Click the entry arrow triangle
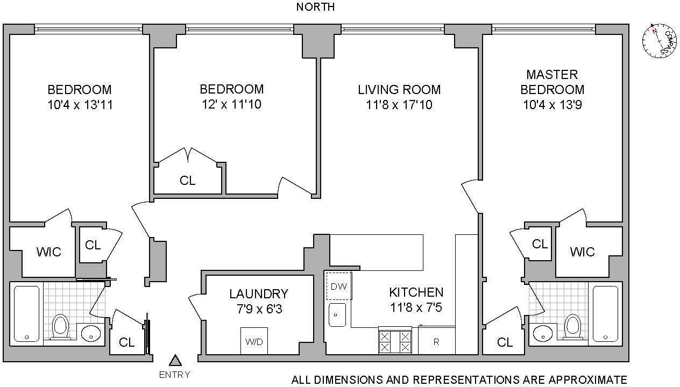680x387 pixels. point(174,361)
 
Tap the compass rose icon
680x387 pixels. point(659,40)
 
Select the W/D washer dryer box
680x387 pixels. point(253,341)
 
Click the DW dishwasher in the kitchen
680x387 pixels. point(339,286)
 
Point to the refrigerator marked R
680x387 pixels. point(436,340)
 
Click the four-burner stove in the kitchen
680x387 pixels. point(394,341)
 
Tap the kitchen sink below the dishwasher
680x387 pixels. point(337,314)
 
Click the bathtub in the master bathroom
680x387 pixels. point(606,314)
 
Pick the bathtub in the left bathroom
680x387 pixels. point(26,314)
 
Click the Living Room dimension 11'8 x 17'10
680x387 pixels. point(399,105)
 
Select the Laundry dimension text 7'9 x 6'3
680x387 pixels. point(258,309)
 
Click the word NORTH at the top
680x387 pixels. point(315,7)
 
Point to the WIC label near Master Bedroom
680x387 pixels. point(582,252)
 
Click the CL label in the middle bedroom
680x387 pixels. point(187,181)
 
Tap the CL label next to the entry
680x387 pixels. point(127,342)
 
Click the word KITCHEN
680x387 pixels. point(416,292)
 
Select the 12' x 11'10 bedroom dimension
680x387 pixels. point(231,104)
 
